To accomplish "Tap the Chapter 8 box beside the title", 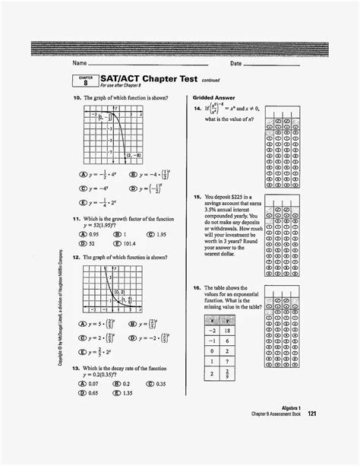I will click(86, 81).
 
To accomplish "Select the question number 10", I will click(77, 98).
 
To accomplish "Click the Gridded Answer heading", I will click(214, 98).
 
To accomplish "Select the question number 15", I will click(197, 197).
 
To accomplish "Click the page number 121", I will click(311, 435).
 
